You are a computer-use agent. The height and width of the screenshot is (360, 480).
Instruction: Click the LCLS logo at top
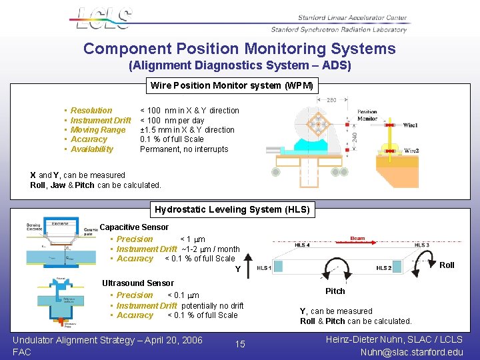tap(101, 19)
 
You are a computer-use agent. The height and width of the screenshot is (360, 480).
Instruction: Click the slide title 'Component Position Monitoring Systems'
tap(239, 49)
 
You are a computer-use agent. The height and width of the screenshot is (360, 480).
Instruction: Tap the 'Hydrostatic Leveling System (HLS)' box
tap(232, 209)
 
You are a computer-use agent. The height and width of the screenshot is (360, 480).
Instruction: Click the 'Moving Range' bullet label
tap(98, 130)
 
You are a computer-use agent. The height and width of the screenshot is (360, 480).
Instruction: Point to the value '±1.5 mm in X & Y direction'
tap(187, 130)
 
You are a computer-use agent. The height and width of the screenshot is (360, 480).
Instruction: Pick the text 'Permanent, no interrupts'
tap(183, 149)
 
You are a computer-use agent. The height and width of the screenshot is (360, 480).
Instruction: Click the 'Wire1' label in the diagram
tap(411, 125)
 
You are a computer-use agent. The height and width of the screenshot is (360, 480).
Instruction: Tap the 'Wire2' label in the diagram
tap(411, 151)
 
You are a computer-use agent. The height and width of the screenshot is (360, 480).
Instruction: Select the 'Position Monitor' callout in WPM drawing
tap(367, 115)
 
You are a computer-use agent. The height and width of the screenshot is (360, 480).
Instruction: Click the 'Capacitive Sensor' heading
tap(134, 227)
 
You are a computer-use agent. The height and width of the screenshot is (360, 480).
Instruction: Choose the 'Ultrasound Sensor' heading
tap(137, 283)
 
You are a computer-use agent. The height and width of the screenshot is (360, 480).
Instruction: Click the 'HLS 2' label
tap(383, 268)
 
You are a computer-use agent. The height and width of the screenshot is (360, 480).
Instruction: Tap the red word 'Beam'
tap(357, 238)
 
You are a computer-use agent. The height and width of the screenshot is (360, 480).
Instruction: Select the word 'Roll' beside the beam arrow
tap(447, 265)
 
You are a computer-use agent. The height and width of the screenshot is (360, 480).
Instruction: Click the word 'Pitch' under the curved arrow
tap(335, 291)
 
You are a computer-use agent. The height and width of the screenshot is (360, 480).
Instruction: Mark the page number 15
tap(240, 344)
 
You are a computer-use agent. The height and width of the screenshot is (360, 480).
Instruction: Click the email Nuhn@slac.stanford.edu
tap(411, 352)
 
